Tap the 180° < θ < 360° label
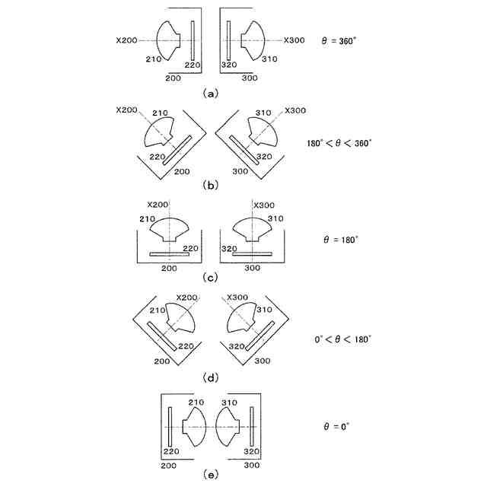pyautogui.click(x=339, y=142)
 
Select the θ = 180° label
pyautogui.click(x=340, y=239)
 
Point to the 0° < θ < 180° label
pyautogui.click(x=340, y=338)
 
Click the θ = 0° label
pyautogui.click(x=335, y=427)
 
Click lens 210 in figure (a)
pyautogui.click(x=169, y=39)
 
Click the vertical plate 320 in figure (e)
pyautogui.click(x=252, y=427)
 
